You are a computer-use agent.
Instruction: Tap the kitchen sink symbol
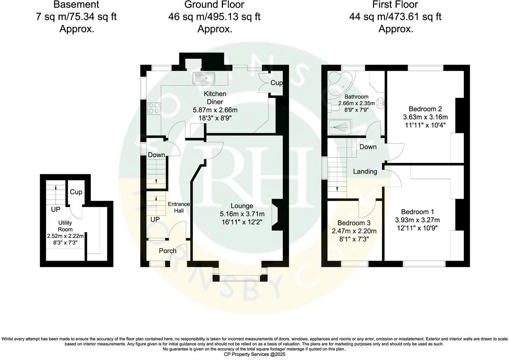click(x=204, y=78)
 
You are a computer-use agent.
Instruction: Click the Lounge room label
click(x=242, y=206)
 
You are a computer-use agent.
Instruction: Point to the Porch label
click(x=168, y=251)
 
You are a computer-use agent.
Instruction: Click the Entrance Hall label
click(x=179, y=207)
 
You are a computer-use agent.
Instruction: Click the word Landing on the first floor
click(x=365, y=172)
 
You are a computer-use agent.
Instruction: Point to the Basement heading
click(x=77, y=5)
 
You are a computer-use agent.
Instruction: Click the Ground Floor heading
click(x=214, y=5)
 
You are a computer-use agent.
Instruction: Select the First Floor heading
click(x=395, y=5)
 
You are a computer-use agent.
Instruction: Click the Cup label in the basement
click(x=76, y=192)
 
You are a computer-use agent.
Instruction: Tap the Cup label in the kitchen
click(x=277, y=83)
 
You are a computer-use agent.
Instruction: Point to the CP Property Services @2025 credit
click(x=254, y=354)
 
